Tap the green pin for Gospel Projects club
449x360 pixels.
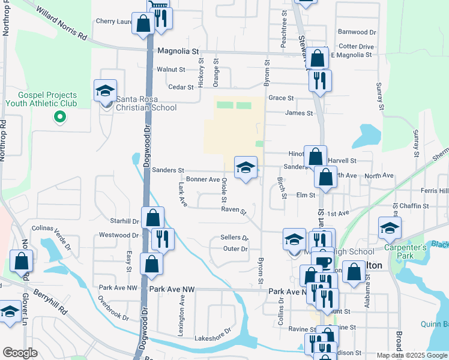[x=59, y=116]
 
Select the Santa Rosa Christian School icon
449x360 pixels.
[x=105, y=92]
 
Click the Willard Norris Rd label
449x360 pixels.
[x=61, y=23]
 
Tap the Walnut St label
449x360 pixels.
[x=170, y=70]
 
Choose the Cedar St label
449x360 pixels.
[x=181, y=87]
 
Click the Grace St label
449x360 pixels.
[x=280, y=98]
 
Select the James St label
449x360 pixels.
[x=299, y=113]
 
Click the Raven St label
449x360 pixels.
[x=234, y=211]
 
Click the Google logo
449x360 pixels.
[x=20, y=353]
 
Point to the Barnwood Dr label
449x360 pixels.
[x=357, y=32]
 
